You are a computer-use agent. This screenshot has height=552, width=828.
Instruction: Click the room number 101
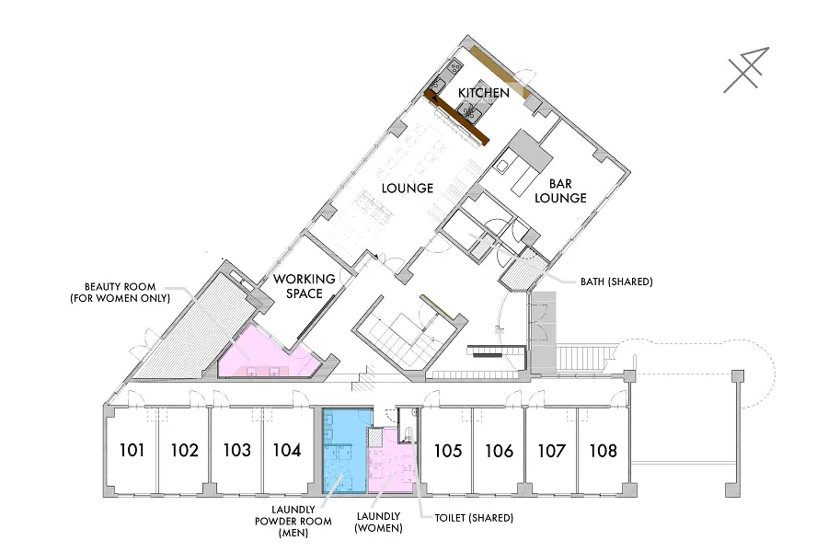(132, 450)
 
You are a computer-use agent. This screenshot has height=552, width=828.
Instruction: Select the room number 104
(287, 450)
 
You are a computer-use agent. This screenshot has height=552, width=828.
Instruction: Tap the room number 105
(448, 451)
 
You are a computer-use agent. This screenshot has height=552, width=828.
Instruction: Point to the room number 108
(603, 451)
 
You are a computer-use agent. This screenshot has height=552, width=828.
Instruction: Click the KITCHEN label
(484, 93)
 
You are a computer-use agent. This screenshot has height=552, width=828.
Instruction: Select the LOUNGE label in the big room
(408, 188)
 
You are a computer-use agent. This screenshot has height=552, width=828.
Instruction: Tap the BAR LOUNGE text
(560, 190)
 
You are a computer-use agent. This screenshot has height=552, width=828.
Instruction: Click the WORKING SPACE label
(305, 286)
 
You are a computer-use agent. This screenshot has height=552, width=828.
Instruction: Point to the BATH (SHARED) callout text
(616, 282)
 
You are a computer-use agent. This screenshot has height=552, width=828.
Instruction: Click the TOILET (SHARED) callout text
(474, 518)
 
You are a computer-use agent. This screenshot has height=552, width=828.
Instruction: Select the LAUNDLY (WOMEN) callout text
(379, 522)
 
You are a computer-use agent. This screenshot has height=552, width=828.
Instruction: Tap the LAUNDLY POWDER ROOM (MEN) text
(293, 522)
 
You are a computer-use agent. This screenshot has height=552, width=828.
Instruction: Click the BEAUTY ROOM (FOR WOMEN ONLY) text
(120, 293)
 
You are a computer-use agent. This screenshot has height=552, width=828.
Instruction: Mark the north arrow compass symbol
(747, 69)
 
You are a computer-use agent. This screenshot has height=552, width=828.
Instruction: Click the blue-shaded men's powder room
(344, 450)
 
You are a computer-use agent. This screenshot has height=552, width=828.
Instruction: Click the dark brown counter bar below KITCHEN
(457, 117)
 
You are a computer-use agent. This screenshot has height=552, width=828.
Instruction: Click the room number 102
(184, 450)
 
